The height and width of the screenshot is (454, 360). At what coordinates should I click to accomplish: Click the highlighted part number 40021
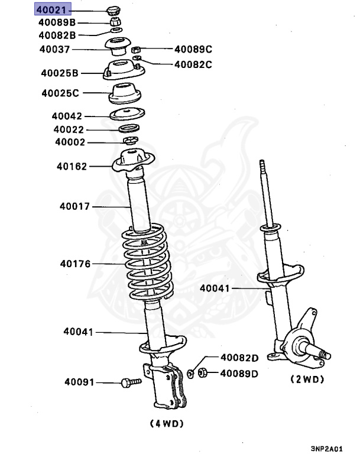[53, 10]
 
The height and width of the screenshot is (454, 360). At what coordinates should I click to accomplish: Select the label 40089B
[57, 22]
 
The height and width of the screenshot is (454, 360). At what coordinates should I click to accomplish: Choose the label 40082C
[193, 64]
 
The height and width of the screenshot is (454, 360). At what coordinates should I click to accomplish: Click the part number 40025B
[60, 73]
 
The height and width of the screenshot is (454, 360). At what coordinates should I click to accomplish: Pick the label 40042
[67, 116]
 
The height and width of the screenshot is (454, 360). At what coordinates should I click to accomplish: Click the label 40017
[74, 206]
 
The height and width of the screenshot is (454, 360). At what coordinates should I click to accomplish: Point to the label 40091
[79, 382]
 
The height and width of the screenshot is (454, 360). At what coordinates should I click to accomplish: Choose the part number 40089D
[239, 373]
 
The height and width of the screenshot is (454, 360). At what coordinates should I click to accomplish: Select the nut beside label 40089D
[201, 373]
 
